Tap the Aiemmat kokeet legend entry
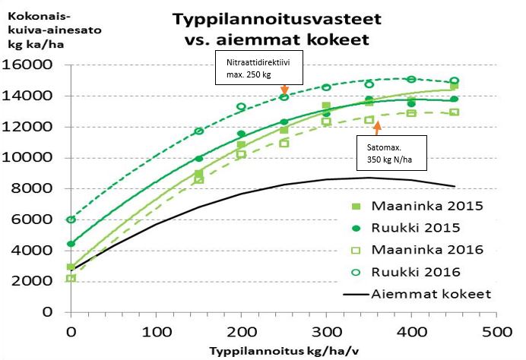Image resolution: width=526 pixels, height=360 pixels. [419, 293]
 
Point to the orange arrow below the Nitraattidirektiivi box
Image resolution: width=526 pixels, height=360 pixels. [284, 90]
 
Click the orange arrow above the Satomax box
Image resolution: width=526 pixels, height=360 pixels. [378, 125]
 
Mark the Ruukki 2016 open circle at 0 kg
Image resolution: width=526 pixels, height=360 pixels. [71, 219]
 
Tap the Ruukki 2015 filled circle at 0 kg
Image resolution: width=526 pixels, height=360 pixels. [71, 244]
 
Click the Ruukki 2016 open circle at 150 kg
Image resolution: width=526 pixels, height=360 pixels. [199, 131]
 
